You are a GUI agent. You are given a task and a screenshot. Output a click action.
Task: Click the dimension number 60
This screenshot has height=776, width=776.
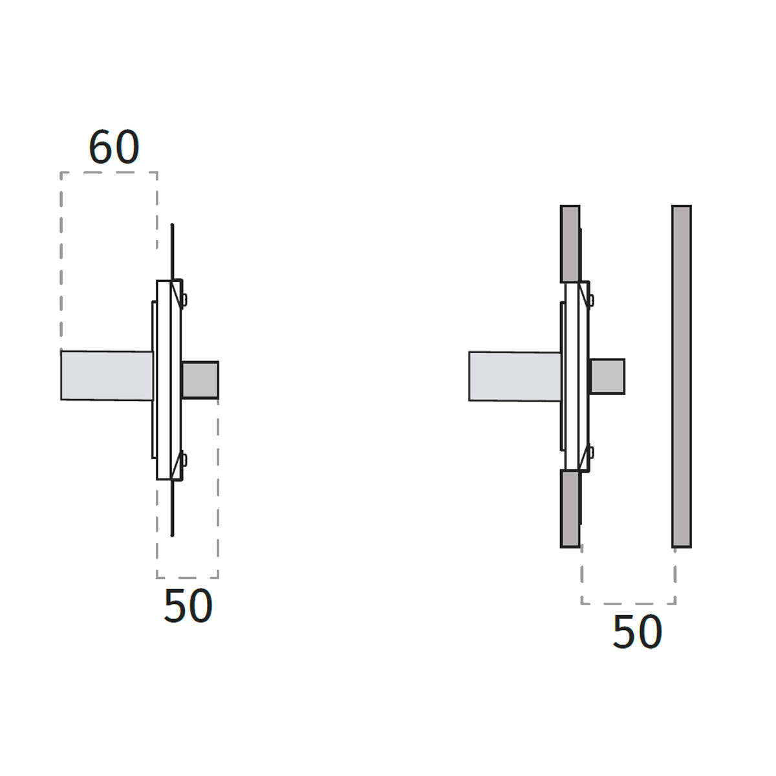[114, 147]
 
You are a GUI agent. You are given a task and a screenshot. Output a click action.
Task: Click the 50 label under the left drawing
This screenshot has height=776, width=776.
[188, 606]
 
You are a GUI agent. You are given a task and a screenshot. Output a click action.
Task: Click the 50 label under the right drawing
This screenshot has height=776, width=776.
[637, 631]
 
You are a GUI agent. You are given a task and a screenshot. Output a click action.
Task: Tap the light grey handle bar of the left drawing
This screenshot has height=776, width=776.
[107, 376]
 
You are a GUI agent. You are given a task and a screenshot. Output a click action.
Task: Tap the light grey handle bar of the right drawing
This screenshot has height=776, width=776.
[515, 376]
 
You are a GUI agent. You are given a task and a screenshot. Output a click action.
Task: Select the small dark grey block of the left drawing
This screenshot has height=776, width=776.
[200, 380]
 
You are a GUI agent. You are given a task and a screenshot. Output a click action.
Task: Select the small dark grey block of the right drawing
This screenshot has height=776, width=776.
[607, 376]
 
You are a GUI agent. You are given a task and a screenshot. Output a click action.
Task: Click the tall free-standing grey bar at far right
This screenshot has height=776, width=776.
[682, 376]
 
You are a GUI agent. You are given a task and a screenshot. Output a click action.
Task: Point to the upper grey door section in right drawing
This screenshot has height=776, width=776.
[570, 244]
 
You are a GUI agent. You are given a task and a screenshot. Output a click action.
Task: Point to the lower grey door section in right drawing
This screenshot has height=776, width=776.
[570, 509]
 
